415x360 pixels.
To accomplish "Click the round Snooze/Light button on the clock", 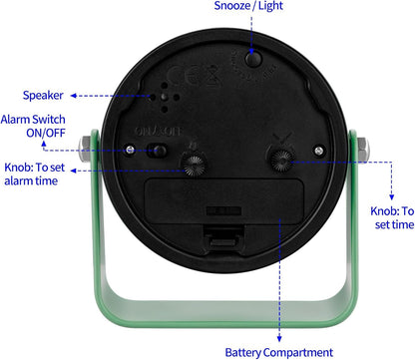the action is pyautogui.click(x=253, y=59).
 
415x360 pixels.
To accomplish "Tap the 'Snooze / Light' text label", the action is pyautogui.click(x=248, y=6).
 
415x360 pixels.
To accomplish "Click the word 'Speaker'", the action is pyautogui.click(x=43, y=96).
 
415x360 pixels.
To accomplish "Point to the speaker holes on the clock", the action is pyautogui.click(x=165, y=97).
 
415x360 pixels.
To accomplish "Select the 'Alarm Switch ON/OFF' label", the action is pyautogui.click(x=33, y=126).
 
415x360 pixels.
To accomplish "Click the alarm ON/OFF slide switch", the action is pyautogui.click(x=158, y=151).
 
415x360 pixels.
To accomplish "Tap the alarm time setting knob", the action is pyautogui.click(x=194, y=163).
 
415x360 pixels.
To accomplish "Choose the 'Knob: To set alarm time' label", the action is pyautogui.click(x=34, y=174).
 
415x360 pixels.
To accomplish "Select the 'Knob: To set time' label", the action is pyautogui.click(x=392, y=217).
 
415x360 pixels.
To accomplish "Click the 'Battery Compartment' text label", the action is pyautogui.click(x=278, y=352).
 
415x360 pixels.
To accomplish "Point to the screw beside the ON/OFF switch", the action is pyautogui.click(x=130, y=149).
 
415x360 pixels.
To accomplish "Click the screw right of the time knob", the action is pyautogui.click(x=319, y=151).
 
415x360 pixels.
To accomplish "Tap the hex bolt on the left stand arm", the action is pyautogui.click(x=84, y=149).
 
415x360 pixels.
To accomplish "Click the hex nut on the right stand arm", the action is pyautogui.click(x=363, y=150).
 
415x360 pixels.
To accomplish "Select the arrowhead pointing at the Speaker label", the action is pyautogui.click(x=74, y=96).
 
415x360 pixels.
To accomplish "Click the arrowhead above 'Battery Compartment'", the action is pyautogui.click(x=279, y=339).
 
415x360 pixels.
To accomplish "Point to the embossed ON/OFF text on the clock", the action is pyautogui.click(x=159, y=132).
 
